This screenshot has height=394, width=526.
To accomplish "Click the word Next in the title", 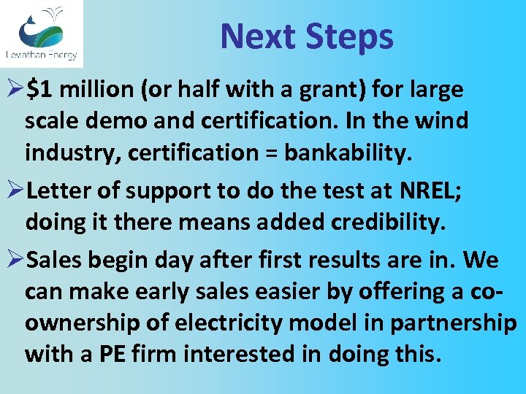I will pyautogui.click(x=258, y=36).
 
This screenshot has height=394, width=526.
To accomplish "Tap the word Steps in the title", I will pyautogui.click(x=349, y=36).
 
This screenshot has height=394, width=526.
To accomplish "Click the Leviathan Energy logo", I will pyautogui.click(x=42, y=33).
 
